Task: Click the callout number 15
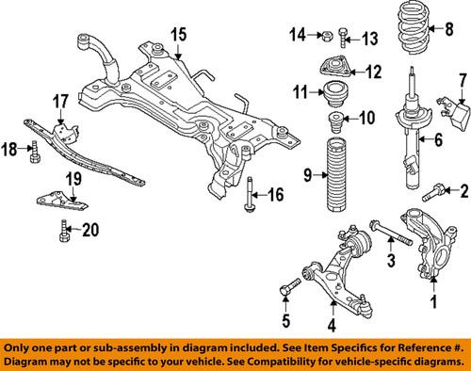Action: (178, 35)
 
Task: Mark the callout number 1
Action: (433, 303)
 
